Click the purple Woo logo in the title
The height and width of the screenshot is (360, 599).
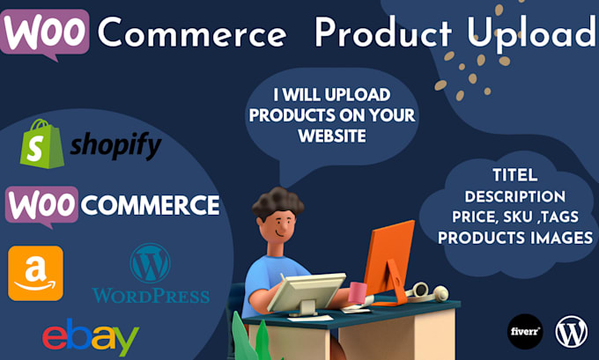tap(47, 33)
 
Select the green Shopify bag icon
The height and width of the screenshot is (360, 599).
tap(41, 143)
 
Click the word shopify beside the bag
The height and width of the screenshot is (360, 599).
tap(115, 146)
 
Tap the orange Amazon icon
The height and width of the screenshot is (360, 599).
tap(35, 273)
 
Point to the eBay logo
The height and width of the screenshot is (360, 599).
tap(90, 336)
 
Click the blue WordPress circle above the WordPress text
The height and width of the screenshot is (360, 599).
tap(150, 263)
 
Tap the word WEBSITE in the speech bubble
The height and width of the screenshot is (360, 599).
tap(332, 136)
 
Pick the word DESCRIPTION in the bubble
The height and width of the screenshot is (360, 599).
tap(515, 195)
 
